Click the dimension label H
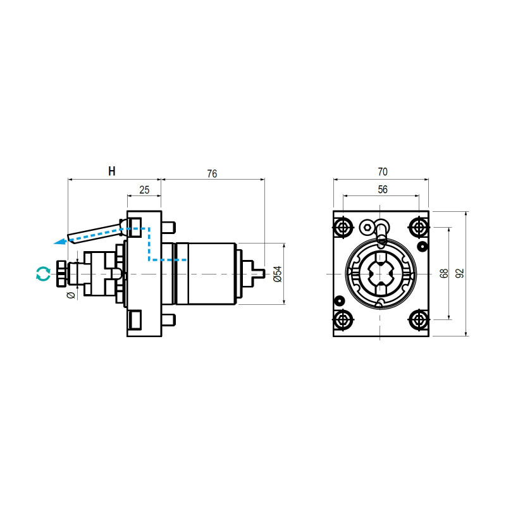(x=112, y=171)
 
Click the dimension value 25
(x=144, y=190)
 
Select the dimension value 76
(x=212, y=174)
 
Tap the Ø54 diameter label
(x=276, y=273)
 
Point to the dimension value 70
(x=382, y=171)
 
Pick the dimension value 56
(x=382, y=189)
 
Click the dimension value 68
(x=444, y=273)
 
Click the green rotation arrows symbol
(x=42, y=274)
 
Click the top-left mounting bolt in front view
(x=343, y=226)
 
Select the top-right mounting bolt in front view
(x=417, y=226)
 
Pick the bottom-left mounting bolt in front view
(x=343, y=319)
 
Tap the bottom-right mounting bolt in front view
(x=417, y=319)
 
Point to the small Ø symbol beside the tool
(x=71, y=295)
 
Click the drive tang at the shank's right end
(x=259, y=274)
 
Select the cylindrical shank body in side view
(x=206, y=274)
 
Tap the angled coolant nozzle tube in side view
(x=95, y=232)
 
